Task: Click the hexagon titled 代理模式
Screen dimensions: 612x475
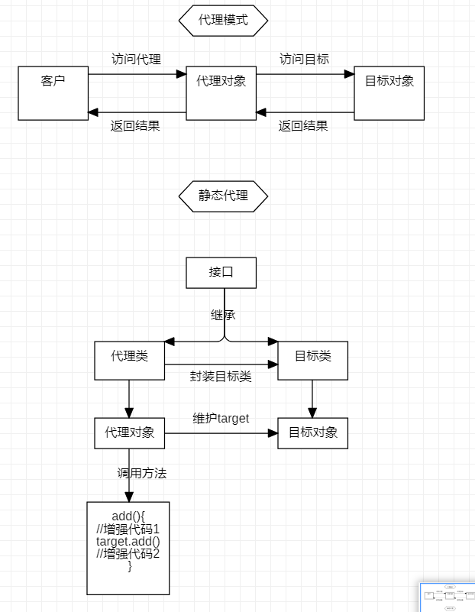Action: click(223, 21)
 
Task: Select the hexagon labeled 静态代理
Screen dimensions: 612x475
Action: click(223, 196)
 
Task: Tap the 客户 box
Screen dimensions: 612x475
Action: click(53, 93)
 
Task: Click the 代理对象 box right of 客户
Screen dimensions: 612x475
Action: click(221, 93)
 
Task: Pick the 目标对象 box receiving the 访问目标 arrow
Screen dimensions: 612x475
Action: click(389, 93)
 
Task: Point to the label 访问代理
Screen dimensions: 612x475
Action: click(136, 59)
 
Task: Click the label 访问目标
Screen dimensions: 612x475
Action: click(304, 59)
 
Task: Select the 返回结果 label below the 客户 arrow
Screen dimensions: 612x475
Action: click(135, 126)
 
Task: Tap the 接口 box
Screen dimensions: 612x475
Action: click(221, 273)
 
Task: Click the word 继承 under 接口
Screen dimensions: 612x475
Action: click(223, 314)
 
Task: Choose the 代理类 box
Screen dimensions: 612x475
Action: click(129, 361)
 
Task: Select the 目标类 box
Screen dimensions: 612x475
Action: click(312, 361)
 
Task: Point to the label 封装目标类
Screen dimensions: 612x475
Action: click(220, 376)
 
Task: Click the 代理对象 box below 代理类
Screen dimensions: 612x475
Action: click(129, 432)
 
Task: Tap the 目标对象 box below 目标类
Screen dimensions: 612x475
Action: click(312, 432)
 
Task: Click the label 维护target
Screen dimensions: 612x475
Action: click(221, 418)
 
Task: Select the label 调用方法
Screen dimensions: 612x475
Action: click(141, 473)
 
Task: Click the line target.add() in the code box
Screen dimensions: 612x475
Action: click(128, 542)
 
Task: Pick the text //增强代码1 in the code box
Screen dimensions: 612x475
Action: click(128, 529)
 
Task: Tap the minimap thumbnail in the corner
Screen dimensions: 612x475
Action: click(447, 597)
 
